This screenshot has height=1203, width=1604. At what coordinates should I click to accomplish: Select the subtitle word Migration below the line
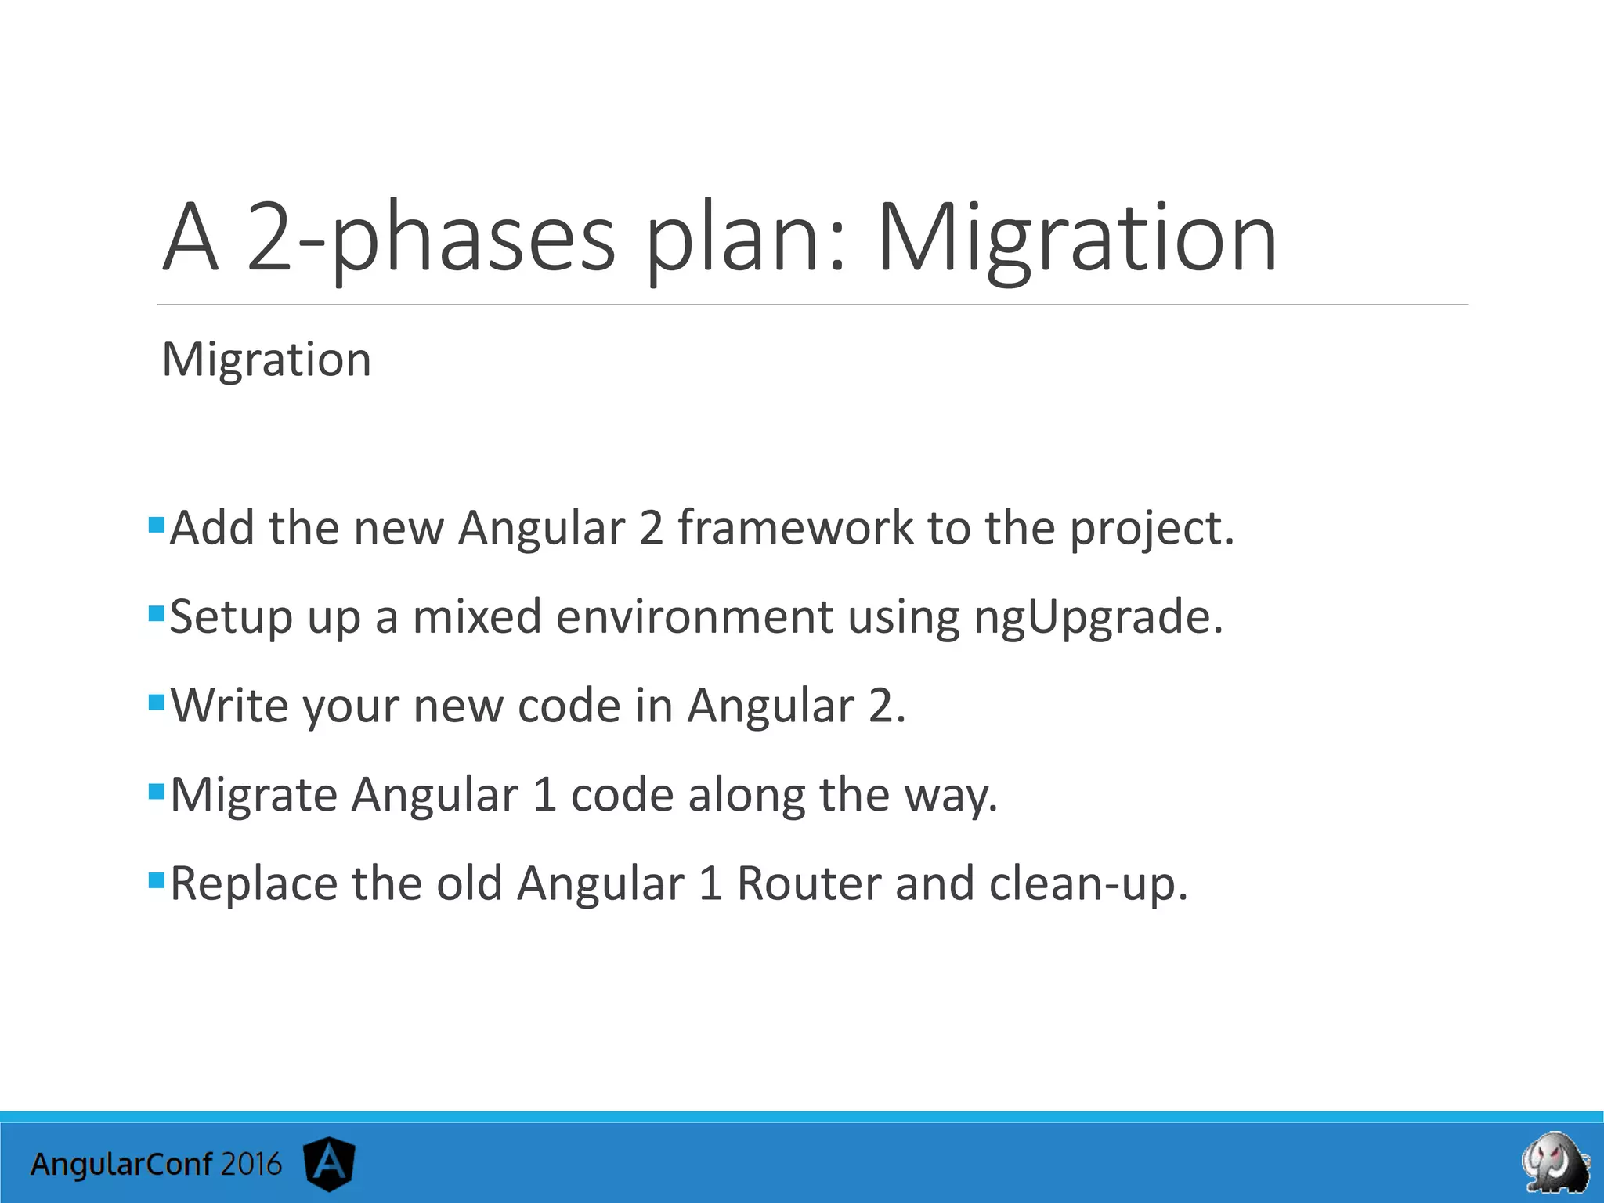tap(266, 360)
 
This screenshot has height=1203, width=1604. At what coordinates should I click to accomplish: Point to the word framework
tap(795, 529)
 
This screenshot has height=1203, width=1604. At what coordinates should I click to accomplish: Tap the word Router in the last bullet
tap(809, 885)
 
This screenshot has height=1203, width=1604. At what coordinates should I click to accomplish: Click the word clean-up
tap(1089, 885)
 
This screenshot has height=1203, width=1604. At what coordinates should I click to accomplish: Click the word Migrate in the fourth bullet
tap(254, 796)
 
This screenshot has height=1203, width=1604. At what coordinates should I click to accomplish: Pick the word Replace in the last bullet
tap(254, 885)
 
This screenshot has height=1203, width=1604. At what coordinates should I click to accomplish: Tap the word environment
tap(694, 617)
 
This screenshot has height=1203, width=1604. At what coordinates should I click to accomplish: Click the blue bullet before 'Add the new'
tap(156, 522)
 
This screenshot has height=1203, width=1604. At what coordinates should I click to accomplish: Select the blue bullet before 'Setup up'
tap(156, 612)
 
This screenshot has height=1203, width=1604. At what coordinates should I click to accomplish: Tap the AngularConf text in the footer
tap(121, 1165)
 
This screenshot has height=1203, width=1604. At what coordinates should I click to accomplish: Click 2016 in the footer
tap(250, 1165)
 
